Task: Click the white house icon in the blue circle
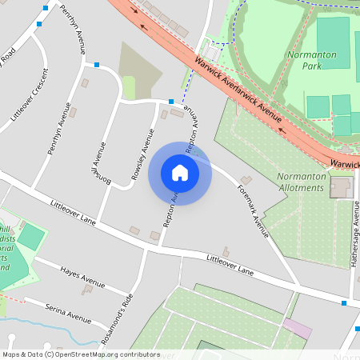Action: (180, 172)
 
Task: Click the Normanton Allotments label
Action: (300, 182)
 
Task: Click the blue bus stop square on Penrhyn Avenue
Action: (97, 64)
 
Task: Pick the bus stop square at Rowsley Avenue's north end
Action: (170, 102)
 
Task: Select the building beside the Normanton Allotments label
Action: (341, 189)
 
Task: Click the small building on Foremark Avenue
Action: (246, 179)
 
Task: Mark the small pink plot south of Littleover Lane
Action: (298, 328)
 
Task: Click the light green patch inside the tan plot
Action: (129, 87)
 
